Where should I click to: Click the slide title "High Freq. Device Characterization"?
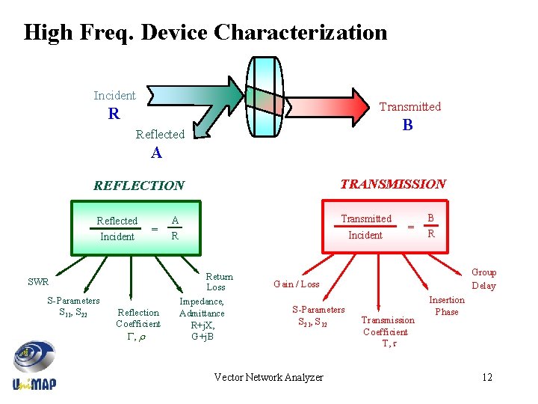coord(205,33)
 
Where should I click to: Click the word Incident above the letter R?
coord(114,96)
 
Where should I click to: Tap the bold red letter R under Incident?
coord(114,114)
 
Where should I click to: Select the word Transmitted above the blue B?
coord(409,107)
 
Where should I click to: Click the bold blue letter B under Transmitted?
coord(407,126)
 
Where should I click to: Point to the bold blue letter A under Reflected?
coord(156,153)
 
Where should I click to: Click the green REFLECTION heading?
coord(138,186)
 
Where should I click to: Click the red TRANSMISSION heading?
coord(393,184)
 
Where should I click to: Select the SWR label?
coord(38,283)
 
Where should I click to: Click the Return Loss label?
coord(218,282)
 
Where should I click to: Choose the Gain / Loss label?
coord(297,284)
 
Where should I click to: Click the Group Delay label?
coord(483,279)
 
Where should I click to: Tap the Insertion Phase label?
coord(446,306)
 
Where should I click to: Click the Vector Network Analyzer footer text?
coord(268,378)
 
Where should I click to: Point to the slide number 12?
coord(487,377)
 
